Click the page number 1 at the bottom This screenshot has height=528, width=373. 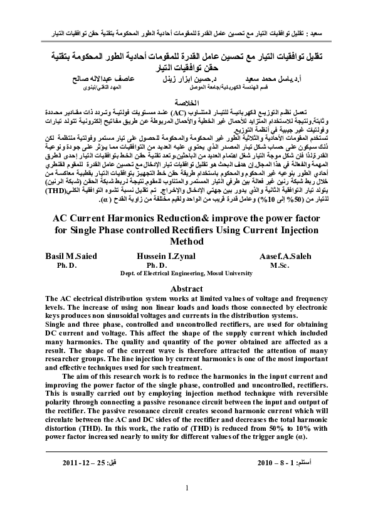coord(187,488)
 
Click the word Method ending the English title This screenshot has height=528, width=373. coord(187,241)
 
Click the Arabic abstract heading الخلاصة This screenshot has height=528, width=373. coord(186,101)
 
